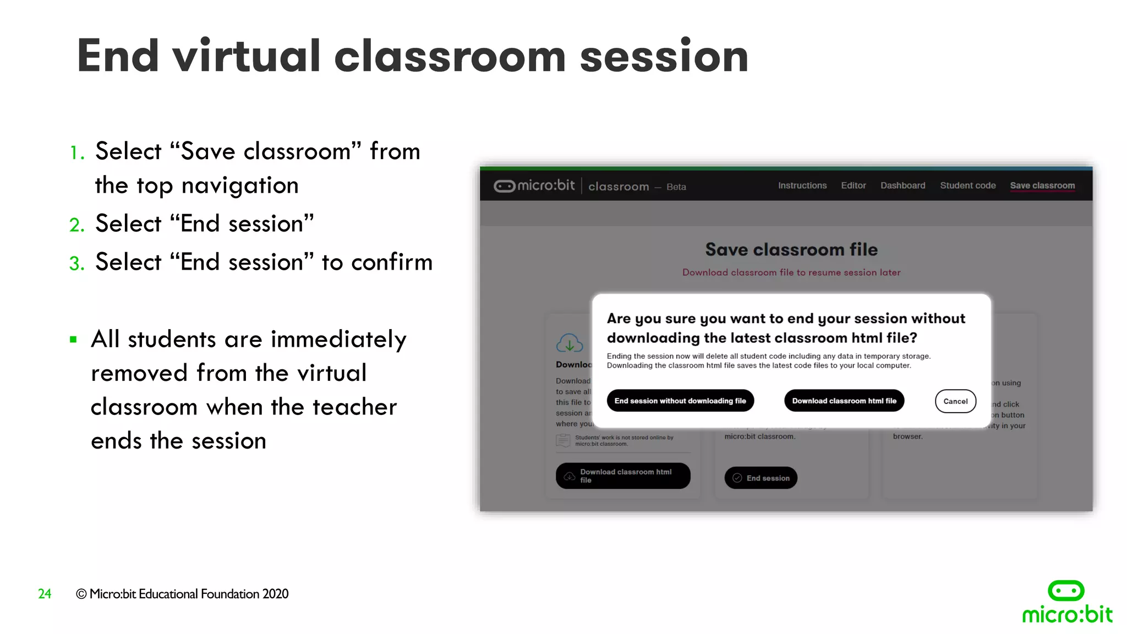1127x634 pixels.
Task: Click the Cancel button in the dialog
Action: pyautogui.click(x=955, y=401)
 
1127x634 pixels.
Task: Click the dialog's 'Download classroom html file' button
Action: pyautogui.click(x=844, y=401)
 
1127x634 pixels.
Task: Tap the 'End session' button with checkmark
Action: pyautogui.click(x=761, y=478)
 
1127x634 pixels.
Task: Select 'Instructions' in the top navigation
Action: pyautogui.click(x=802, y=185)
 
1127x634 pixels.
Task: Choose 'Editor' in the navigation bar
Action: pyautogui.click(x=853, y=185)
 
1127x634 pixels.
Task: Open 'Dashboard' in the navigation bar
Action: pyautogui.click(x=902, y=185)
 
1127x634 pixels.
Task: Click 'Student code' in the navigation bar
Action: pyautogui.click(x=967, y=185)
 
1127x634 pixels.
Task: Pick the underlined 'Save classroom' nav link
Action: pyautogui.click(x=1042, y=185)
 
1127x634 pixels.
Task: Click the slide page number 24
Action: pyautogui.click(x=45, y=594)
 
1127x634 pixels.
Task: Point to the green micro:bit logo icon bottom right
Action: pyautogui.click(x=1066, y=591)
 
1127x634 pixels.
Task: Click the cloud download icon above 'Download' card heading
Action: pyautogui.click(x=569, y=343)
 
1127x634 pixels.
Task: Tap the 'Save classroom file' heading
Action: pyautogui.click(x=791, y=250)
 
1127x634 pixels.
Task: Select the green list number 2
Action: pyautogui.click(x=76, y=225)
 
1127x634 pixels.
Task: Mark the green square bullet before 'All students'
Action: pyautogui.click(x=73, y=340)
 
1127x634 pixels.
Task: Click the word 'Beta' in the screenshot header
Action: pyautogui.click(x=676, y=187)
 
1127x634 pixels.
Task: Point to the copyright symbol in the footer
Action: pyautogui.click(x=81, y=594)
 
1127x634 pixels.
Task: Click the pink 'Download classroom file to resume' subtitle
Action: pyautogui.click(x=791, y=272)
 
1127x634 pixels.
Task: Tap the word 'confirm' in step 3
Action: pyautogui.click(x=391, y=263)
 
